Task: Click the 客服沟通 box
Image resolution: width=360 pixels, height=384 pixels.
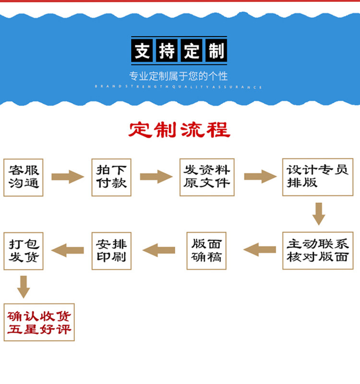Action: pyautogui.click(x=23, y=177)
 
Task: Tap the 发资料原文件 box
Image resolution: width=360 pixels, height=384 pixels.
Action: pyautogui.click(x=207, y=177)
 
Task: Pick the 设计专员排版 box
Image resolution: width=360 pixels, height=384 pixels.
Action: pyautogui.click(x=317, y=177)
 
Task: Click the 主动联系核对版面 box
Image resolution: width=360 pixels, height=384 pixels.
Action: pyautogui.click(x=317, y=251)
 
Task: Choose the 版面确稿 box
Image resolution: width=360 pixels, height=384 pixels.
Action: pyautogui.click(x=206, y=251)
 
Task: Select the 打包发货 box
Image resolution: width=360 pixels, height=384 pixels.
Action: pyautogui.click(x=23, y=251)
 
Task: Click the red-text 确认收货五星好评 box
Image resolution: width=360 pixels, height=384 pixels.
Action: pyautogui.click(x=39, y=322)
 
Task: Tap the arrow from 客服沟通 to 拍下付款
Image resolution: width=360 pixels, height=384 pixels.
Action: pyautogui.click(x=67, y=177)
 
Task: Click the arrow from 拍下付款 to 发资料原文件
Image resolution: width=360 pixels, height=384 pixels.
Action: pyautogui.click(x=156, y=177)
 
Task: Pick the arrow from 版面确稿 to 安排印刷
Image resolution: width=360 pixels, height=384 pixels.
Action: pyautogui.click(x=159, y=250)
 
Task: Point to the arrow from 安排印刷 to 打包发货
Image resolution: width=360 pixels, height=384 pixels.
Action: pyautogui.click(x=67, y=250)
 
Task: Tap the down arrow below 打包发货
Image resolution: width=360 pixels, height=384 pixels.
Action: pyautogui.click(x=23, y=287)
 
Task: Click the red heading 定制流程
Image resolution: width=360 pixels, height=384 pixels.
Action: pyautogui.click(x=180, y=130)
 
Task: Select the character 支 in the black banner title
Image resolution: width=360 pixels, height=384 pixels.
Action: pyautogui.click(x=143, y=50)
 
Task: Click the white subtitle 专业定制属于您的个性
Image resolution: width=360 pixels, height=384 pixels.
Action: pyautogui.click(x=178, y=76)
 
